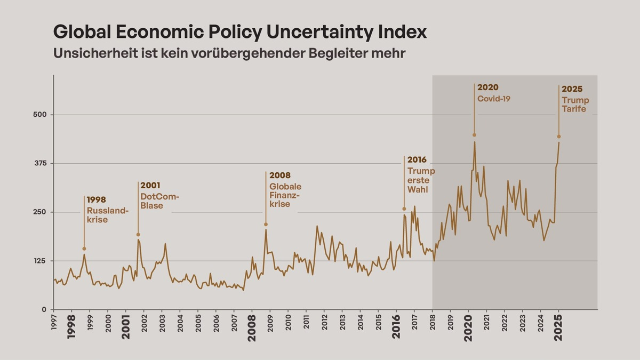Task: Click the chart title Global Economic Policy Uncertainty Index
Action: coord(240,32)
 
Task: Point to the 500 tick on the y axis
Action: coord(41,115)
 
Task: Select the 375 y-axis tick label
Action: coord(41,163)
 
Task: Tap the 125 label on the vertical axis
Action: coord(41,261)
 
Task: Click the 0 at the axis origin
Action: coord(45,309)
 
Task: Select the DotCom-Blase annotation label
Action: coord(159,201)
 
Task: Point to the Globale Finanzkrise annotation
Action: coord(285,195)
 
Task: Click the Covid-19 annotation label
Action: coord(494,98)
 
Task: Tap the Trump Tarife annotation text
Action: coord(575,105)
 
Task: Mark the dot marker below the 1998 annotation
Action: coord(84,249)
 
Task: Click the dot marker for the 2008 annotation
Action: coord(266,225)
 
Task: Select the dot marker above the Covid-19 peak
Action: coord(474,135)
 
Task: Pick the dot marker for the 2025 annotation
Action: coord(559,137)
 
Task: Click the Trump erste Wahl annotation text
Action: coord(421,180)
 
